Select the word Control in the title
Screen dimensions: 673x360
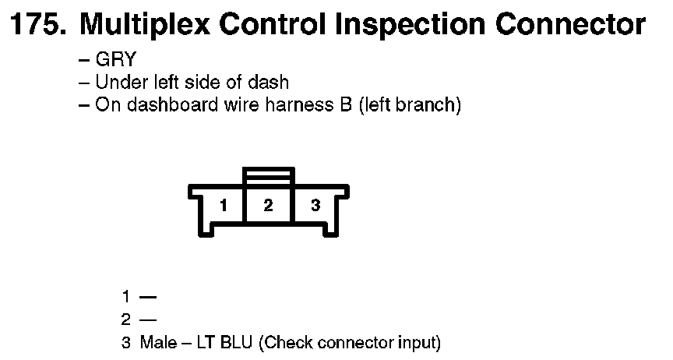(x=276, y=25)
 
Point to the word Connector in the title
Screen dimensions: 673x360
(x=570, y=25)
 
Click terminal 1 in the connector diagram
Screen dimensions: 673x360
(x=224, y=206)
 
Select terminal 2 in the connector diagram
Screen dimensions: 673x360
(x=268, y=206)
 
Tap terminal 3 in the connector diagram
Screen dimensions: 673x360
(x=315, y=206)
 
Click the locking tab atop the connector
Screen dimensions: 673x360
(x=269, y=176)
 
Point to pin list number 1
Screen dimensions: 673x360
(x=125, y=296)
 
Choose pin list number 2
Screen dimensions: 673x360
(x=125, y=319)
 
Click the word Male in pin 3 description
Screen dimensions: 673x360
(x=158, y=341)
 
